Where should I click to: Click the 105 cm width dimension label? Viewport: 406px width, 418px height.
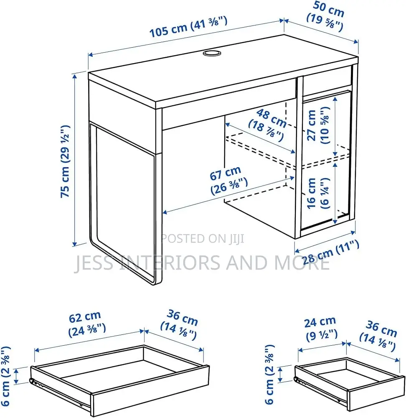pyautogui.click(x=188, y=27)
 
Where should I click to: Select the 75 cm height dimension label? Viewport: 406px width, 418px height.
pyautogui.click(x=65, y=161)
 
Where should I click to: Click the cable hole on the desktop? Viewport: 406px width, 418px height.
pyautogui.click(x=212, y=53)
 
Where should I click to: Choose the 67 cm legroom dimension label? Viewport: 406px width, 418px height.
pyautogui.click(x=228, y=180)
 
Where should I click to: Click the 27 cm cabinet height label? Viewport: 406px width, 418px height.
pyautogui.click(x=318, y=125)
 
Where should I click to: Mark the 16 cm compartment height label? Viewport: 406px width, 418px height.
pyautogui.click(x=318, y=193)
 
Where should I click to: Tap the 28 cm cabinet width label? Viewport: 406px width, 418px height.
pyautogui.click(x=331, y=252)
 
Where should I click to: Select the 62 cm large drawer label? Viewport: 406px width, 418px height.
pyautogui.click(x=87, y=324)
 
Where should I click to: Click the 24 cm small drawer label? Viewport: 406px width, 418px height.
pyautogui.click(x=321, y=329)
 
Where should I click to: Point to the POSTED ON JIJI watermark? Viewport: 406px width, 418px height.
pyautogui.click(x=203, y=239)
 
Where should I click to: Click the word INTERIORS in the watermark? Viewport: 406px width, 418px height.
pyautogui.click(x=170, y=263)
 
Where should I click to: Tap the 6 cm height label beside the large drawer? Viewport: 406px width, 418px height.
pyautogui.click(x=6, y=376)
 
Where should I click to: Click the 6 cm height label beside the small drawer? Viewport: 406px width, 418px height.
pyautogui.click(x=269, y=374)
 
